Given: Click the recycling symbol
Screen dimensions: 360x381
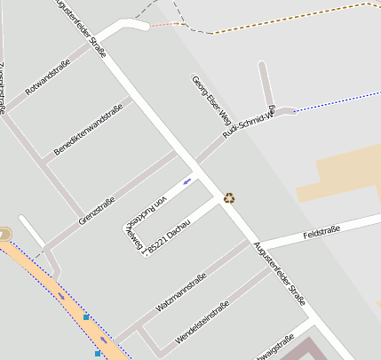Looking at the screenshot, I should (229, 197).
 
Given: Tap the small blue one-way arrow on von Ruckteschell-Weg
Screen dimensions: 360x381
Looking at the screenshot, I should (187, 182).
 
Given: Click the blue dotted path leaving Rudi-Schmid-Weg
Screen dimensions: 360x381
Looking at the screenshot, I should (329, 100).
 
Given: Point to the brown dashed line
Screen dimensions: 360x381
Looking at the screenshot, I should (293, 19).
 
